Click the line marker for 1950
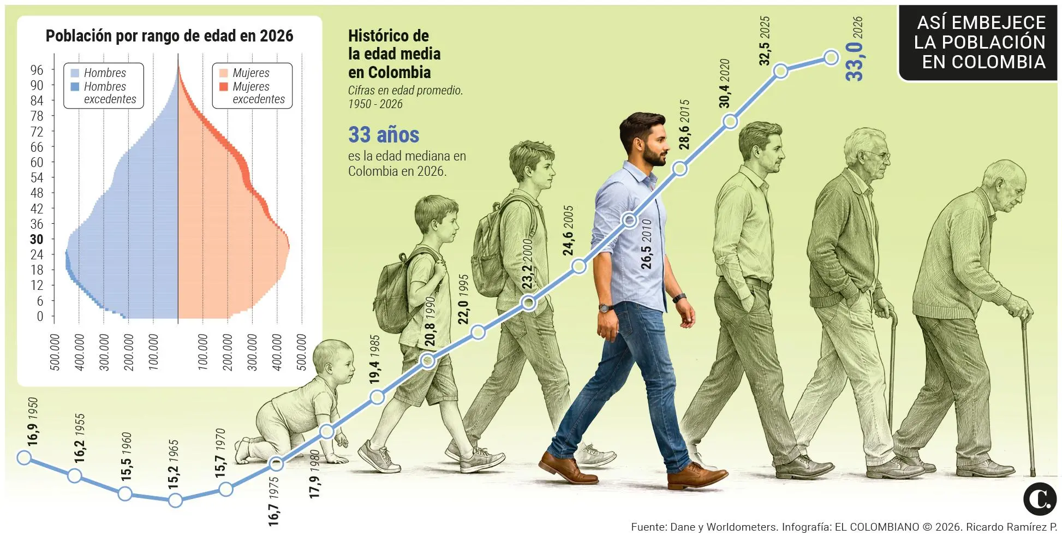point(23,457)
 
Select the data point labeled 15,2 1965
point(175,500)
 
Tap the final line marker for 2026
point(831,57)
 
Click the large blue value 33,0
point(855,61)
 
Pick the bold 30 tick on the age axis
point(37,239)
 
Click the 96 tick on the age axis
point(37,70)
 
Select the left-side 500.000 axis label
point(55,353)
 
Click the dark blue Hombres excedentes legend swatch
point(75,86)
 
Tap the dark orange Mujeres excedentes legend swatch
point(223,86)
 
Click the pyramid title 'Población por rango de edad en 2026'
point(169,36)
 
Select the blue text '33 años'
point(384,134)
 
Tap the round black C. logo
point(1040,498)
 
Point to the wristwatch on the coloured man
point(604,308)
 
